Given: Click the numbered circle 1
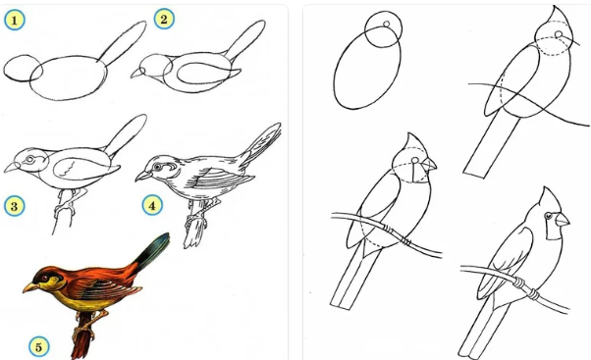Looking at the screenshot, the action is click(15, 20).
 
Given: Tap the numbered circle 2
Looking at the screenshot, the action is click(164, 19).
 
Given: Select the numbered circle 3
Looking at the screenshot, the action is click(15, 206).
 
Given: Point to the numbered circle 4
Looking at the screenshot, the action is click(152, 205).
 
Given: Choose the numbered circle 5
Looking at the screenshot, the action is click(39, 346).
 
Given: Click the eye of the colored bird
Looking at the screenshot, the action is click(44, 278).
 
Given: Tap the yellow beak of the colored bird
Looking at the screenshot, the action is click(30, 287).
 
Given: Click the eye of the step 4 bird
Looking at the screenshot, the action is click(157, 167).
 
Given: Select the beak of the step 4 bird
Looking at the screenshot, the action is click(142, 176).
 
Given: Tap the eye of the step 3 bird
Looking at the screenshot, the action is click(29, 159).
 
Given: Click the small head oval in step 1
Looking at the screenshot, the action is click(23, 68).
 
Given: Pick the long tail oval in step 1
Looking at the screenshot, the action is click(122, 40).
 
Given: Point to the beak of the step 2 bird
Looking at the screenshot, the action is click(137, 74).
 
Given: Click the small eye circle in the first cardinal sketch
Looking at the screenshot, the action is click(387, 25).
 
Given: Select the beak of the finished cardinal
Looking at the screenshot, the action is click(562, 220).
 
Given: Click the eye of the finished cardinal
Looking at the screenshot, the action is click(548, 216).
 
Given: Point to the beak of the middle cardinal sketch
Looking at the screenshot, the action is click(429, 164).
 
